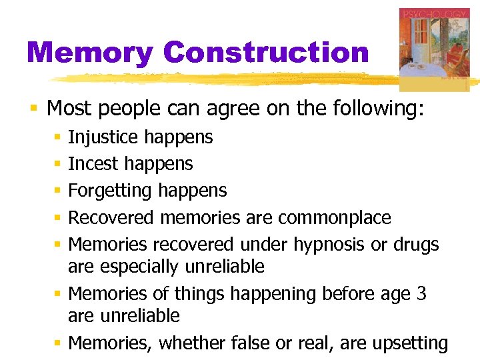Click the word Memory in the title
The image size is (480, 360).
pyautogui.click(x=90, y=53)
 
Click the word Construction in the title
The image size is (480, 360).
pyautogui.click(x=265, y=53)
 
